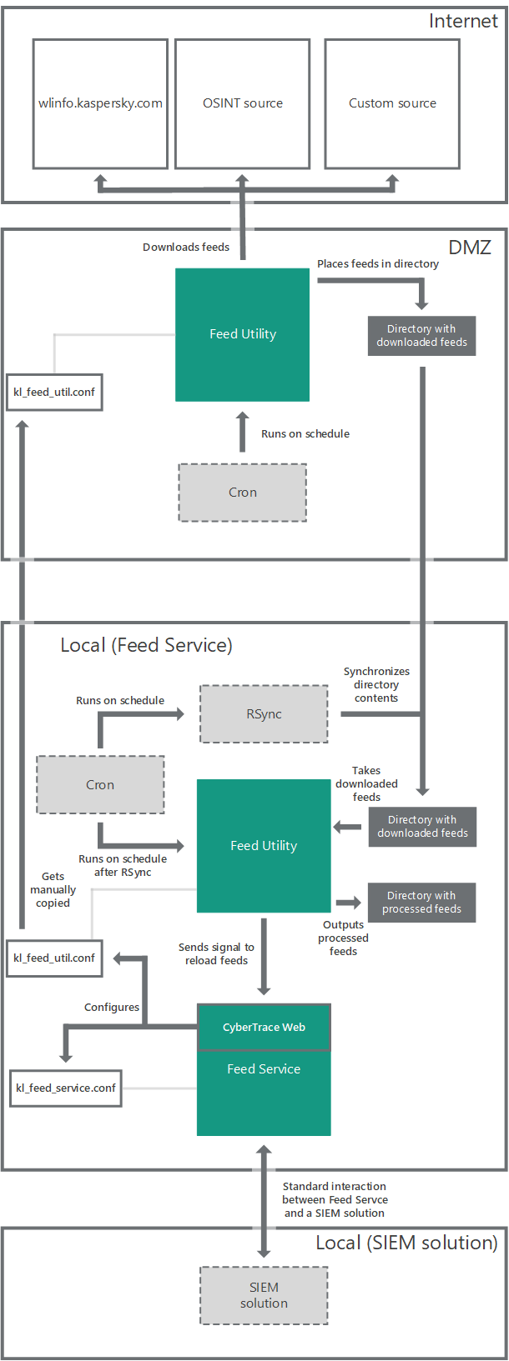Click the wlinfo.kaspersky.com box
(100, 103)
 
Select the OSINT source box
(242, 103)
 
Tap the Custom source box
(392, 103)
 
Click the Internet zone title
(462, 22)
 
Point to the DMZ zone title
(470, 248)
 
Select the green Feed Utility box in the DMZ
(242, 334)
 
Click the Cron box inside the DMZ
(242, 493)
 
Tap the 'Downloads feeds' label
(185, 248)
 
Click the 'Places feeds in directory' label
(377, 264)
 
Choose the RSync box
(264, 714)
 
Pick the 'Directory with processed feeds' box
(421, 903)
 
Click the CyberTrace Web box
(264, 1028)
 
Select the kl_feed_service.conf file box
(66, 1088)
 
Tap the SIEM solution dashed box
(264, 1296)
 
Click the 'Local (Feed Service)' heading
(146, 645)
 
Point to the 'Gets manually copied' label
(53, 890)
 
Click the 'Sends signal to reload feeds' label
(216, 954)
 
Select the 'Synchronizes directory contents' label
(376, 685)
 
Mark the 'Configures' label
(112, 1008)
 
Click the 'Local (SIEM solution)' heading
(406, 1243)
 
